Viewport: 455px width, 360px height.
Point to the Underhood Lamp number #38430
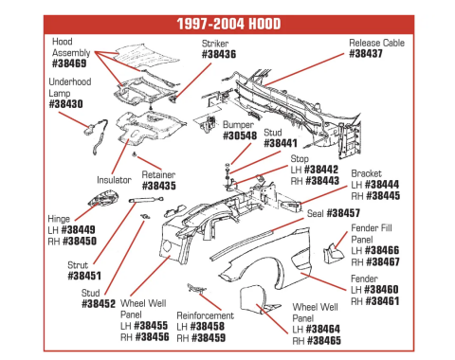65,103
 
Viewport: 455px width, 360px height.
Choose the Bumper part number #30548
242,135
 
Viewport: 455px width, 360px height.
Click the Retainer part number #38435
158,187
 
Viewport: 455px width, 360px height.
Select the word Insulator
113,178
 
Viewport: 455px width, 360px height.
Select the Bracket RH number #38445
382,196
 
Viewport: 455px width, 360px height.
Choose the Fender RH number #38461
383,300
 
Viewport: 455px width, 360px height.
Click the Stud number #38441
280,143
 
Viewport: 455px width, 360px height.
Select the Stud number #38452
99,304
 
